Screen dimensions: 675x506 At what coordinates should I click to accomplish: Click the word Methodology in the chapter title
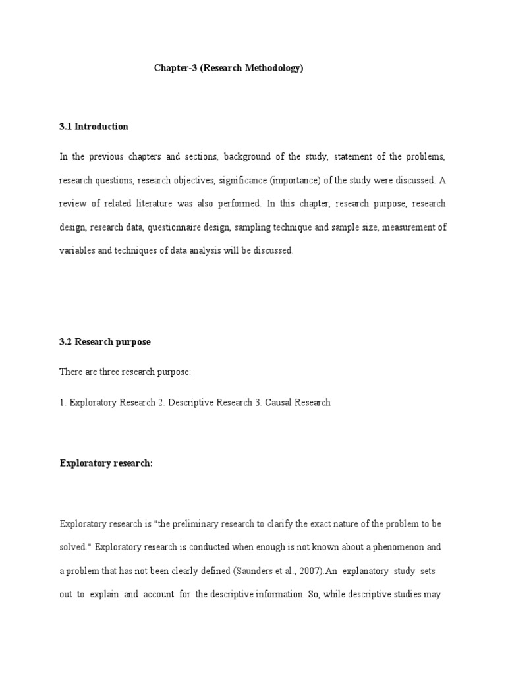pos(271,68)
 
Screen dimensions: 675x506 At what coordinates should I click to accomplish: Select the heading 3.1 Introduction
pos(94,127)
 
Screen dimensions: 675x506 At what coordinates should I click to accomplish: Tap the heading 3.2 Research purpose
pos(105,342)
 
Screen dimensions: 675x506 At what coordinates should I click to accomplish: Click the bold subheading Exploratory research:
pos(106,463)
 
